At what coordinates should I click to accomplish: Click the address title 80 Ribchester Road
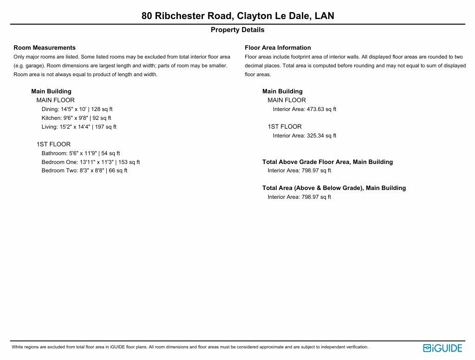238,16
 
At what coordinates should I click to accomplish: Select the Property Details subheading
238,30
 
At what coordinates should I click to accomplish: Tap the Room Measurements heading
45,48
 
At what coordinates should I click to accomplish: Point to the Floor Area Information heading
278,48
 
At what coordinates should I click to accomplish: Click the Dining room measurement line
77,109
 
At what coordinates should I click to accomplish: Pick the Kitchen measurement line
76,118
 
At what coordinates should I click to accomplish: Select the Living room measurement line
79,127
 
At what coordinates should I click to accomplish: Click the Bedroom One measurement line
91,162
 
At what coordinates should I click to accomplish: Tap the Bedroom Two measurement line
85,170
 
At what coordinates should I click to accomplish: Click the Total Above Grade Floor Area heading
327,162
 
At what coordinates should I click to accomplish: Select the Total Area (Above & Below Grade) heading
334,188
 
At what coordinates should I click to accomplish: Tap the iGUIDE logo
442,348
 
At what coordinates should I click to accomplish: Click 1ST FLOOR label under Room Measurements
53,144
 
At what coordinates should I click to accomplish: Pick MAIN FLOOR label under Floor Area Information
286,100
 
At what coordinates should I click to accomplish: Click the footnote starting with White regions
189,347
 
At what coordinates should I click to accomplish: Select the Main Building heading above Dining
51,92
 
